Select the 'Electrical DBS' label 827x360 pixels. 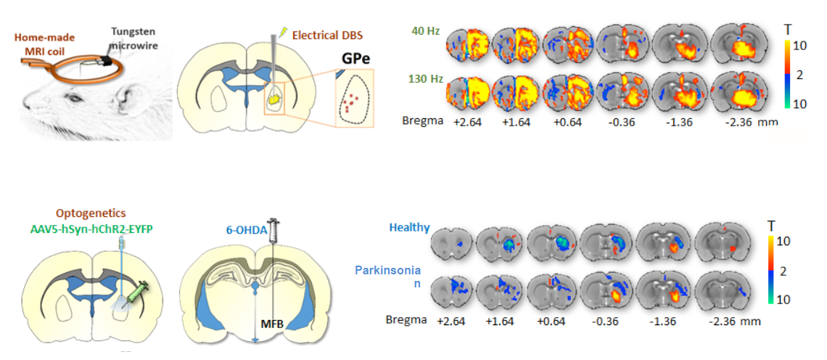click(x=326, y=34)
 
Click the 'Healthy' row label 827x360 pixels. click(x=409, y=228)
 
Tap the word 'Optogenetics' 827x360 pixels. click(x=91, y=213)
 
